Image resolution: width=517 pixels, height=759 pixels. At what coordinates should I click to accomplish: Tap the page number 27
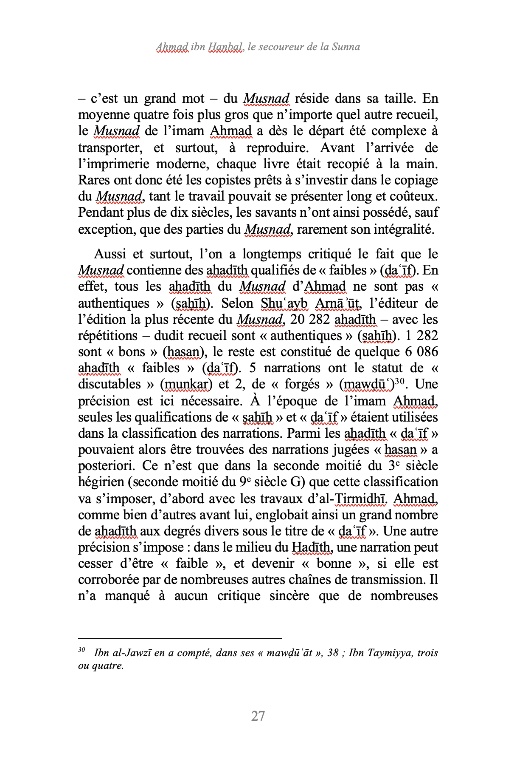[x=258, y=716]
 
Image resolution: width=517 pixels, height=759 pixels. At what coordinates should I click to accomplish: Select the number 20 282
[x=310, y=319]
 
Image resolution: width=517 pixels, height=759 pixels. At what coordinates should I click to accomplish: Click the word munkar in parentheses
[x=185, y=384]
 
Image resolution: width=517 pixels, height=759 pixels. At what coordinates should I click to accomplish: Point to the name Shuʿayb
[x=284, y=303]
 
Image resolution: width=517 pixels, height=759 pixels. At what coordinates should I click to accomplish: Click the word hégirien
[x=102, y=482]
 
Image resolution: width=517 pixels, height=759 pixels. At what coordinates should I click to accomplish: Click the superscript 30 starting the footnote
[x=81, y=650]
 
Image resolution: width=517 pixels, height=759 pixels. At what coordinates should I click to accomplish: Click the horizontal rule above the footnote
[x=180, y=638]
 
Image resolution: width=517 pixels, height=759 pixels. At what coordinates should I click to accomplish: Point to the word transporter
[x=109, y=148]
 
